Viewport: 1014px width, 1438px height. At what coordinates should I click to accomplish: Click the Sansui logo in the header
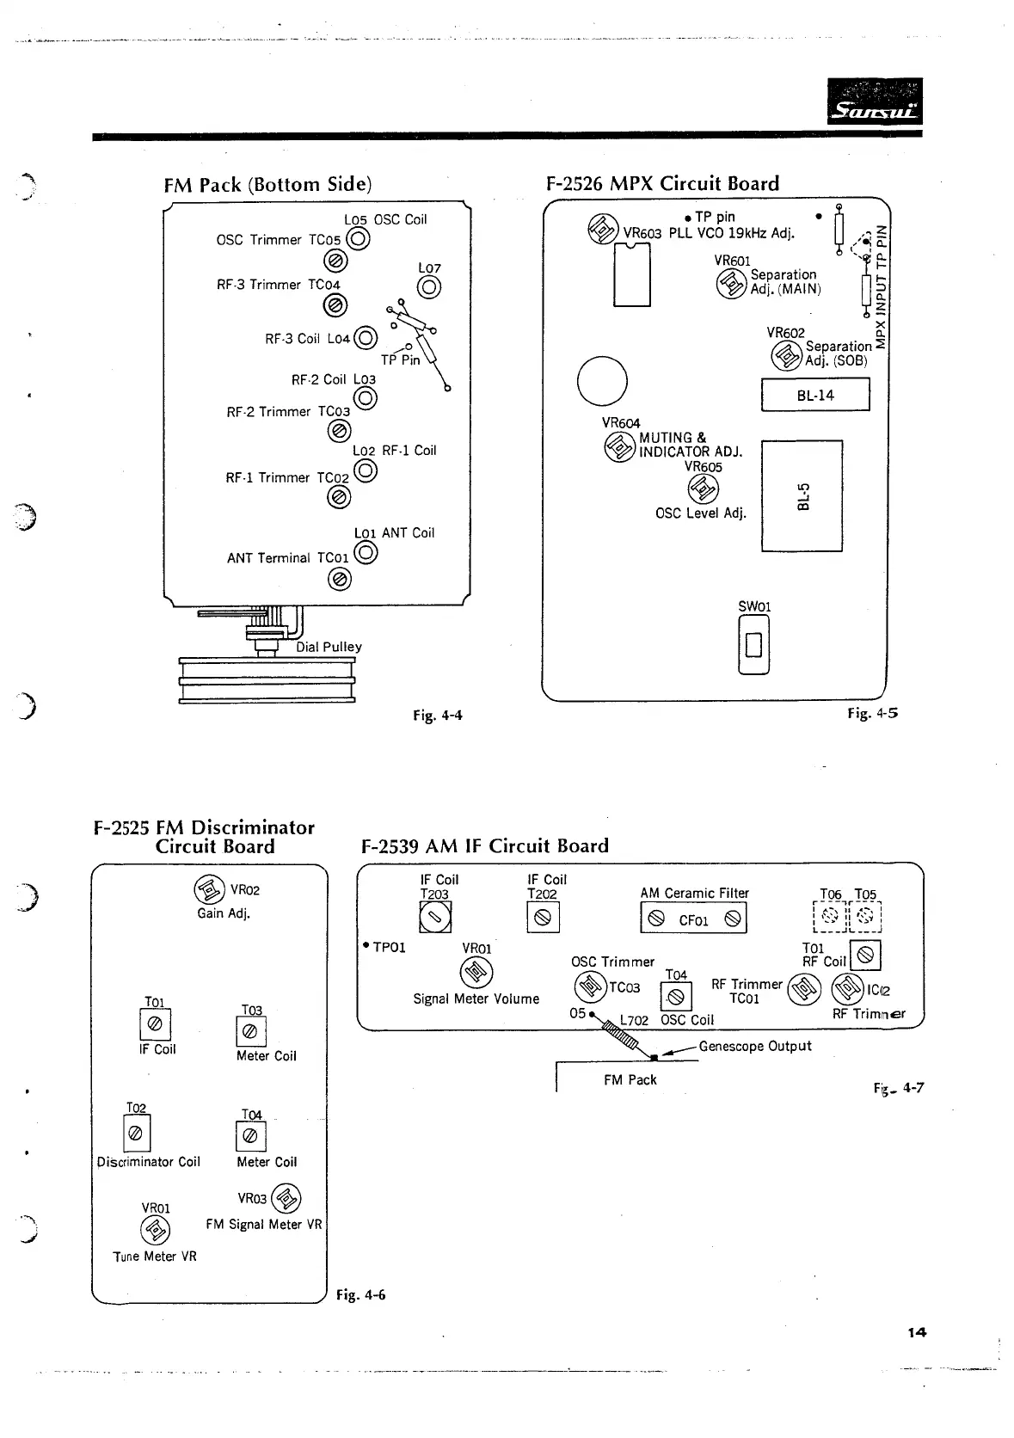pyautogui.click(x=874, y=101)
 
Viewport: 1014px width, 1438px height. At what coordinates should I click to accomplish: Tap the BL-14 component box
pyautogui.click(x=815, y=396)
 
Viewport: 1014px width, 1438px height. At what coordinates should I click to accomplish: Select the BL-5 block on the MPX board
pyautogui.click(x=802, y=496)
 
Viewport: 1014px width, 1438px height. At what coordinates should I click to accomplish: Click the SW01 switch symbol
pyautogui.click(x=753, y=645)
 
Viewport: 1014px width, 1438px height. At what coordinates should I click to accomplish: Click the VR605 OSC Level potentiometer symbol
pyautogui.click(x=704, y=489)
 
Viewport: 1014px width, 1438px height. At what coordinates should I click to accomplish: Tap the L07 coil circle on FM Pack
pyautogui.click(x=429, y=288)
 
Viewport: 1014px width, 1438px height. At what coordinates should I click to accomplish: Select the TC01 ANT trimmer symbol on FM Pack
pyautogui.click(x=339, y=580)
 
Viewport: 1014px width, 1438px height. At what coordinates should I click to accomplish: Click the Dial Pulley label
pyautogui.click(x=329, y=647)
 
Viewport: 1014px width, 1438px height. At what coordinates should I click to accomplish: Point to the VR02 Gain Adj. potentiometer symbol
pyautogui.click(x=210, y=889)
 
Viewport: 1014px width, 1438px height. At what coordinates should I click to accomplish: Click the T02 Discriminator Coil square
pyautogui.click(x=136, y=1134)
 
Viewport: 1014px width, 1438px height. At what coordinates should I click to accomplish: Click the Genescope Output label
pyautogui.click(x=755, y=1046)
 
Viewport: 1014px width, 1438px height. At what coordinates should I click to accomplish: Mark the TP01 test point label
pyautogui.click(x=385, y=948)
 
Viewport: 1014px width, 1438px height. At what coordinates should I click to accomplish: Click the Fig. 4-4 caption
pyautogui.click(x=438, y=715)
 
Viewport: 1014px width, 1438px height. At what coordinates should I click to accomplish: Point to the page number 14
pyautogui.click(x=917, y=1332)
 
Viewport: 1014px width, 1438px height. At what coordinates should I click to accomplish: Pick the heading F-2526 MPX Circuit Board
pyautogui.click(x=662, y=183)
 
